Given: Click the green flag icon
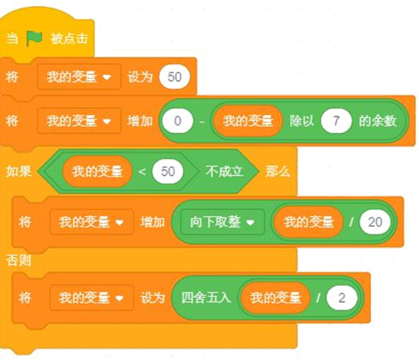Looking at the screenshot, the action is (x=34, y=38).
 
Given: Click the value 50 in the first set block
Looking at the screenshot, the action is (x=174, y=77).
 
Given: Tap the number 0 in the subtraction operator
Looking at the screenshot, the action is (x=178, y=121).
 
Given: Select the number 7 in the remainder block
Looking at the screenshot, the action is (x=336, y=121).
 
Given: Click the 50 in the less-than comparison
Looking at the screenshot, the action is (x=168, y=171).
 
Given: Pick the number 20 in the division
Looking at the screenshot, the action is (x=375, y=222).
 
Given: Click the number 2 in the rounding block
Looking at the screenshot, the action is (x=341, y=298).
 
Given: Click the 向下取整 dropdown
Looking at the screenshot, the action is (x=222, y=222).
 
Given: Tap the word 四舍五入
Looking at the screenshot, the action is (x=206, y=298).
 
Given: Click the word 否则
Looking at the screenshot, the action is (x=19, y=260).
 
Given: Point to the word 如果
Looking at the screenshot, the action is (x=19, y=171).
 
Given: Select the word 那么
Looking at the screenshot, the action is (x=278, y=171).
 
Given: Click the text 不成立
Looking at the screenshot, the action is (x=224, y=171).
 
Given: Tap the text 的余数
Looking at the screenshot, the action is (x=377, y=121).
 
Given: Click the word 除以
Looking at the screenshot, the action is (x=301, y=121).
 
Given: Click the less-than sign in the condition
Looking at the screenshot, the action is (x=142, y=171).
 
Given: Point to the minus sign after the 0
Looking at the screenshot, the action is (x=202, y=122).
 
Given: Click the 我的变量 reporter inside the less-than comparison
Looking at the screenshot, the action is (x=97, y=171).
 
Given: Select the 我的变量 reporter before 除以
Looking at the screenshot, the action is (x=248, y=121).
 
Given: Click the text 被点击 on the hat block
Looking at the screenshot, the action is (x=69, y=39).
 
